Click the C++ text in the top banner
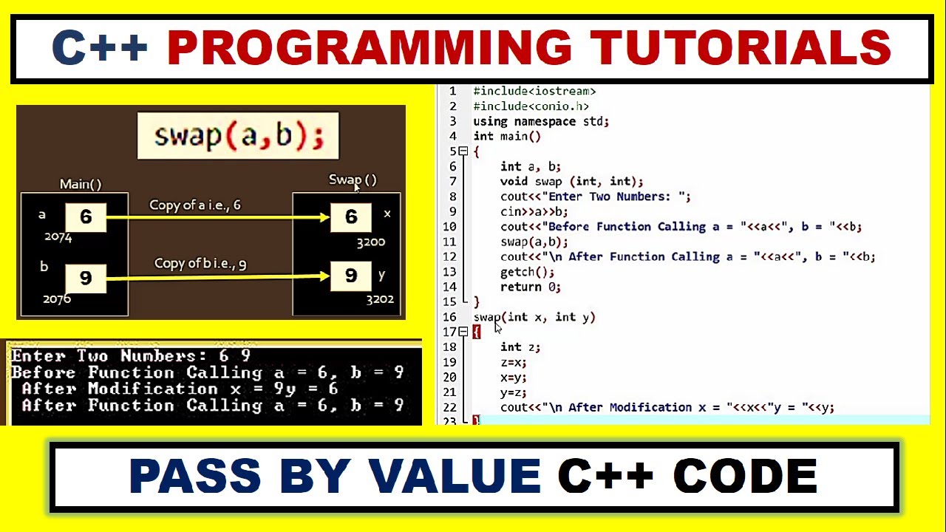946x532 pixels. pyautogui.click(x=100, y=48)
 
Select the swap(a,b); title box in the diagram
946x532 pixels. pyautogui.click(x=238, y=136)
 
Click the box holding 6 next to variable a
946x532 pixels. pyautogui.click(x=86, y=217)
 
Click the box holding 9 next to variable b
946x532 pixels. pyautogui.click(x=86, y=278)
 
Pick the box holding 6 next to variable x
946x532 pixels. pyautogui.click(x=351, y=217)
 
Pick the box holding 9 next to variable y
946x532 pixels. pyautogui.click(x=351, y=276)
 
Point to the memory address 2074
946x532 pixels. pyautogui.click(x=58, y=237)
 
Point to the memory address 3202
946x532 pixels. pyautogui.click(x=380, y=299)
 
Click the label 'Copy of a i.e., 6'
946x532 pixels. pyautogui.click(x=195, y=205)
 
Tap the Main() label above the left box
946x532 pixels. pyautogui.click(x=81, y=184)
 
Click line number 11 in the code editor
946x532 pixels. pyautogui.click(x=449, y=242)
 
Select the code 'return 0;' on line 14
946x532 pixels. pyautogui.click(x=530, y=287)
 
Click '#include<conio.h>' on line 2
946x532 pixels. pyautogui.click(x=531, y=106)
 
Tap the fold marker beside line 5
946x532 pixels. pyautogui.click(x=463, y=151)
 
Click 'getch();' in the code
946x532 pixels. pyautogui.click(x=527, y=272)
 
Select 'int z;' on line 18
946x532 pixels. pyautogui.click(x=520, y=347)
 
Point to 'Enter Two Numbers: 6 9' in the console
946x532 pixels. pyautogui.click(x=131, y=356)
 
